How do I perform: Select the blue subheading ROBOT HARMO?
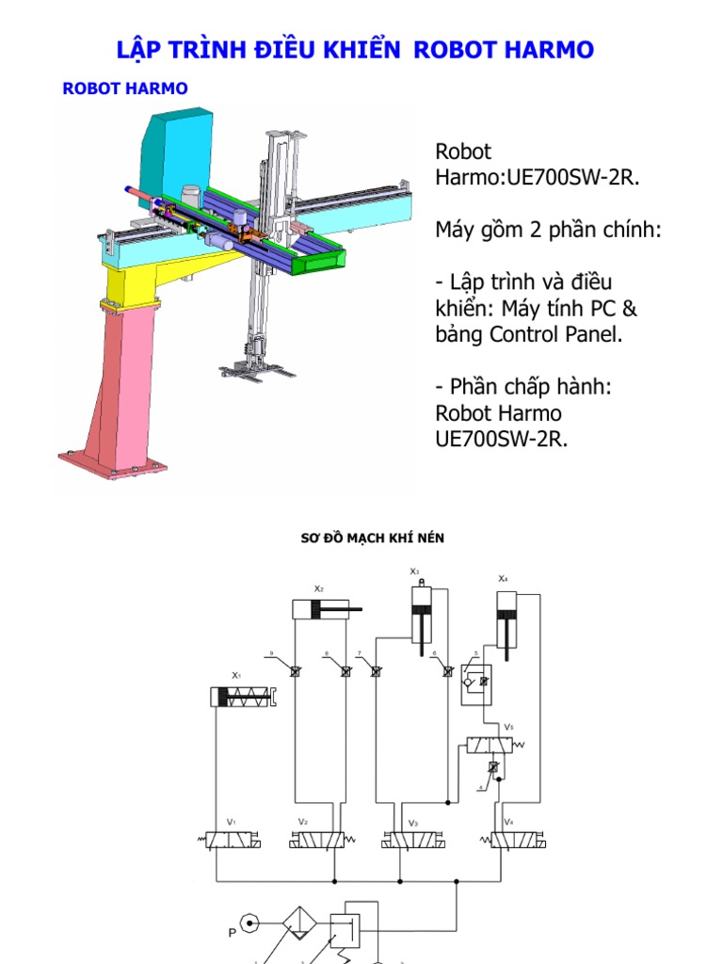(124, 88)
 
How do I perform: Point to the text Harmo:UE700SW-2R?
(538, 178)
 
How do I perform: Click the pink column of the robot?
(122, 377)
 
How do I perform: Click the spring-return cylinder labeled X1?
(244, 697)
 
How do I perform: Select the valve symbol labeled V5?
(491, 744)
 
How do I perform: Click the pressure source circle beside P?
(249, 924)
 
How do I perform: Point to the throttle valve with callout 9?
(293, 671)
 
